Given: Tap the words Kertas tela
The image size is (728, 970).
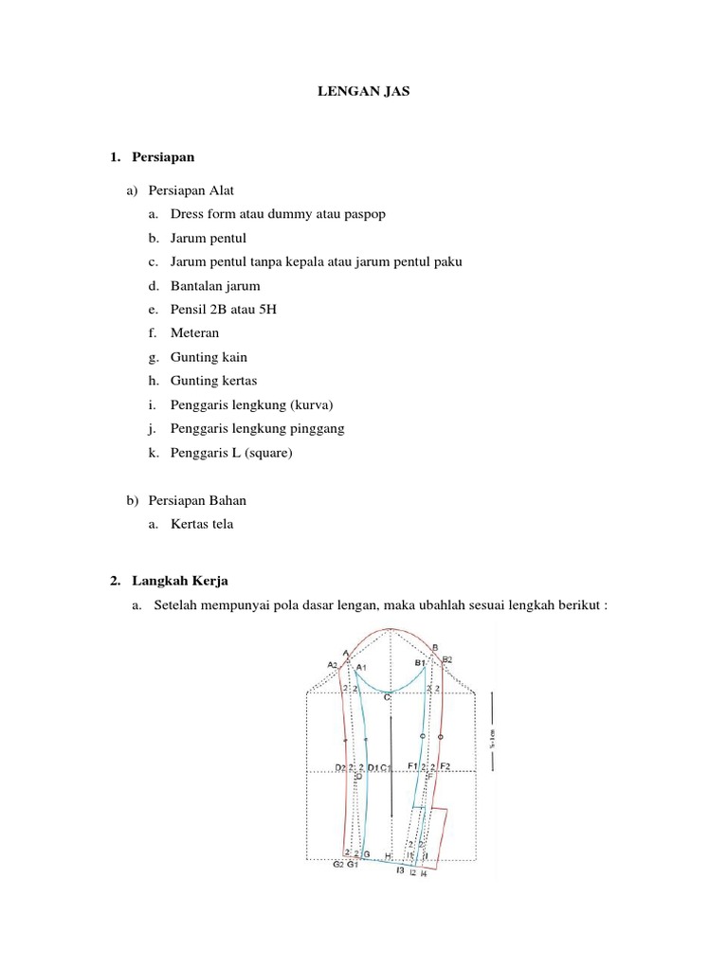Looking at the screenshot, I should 201,523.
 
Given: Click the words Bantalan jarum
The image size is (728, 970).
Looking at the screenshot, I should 215,285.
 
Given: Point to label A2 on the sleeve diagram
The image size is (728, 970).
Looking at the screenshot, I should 333,665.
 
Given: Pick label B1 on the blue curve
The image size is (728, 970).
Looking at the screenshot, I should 420,663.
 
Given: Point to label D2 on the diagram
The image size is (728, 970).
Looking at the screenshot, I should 340,766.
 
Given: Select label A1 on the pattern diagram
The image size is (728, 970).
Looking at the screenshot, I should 360,668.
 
